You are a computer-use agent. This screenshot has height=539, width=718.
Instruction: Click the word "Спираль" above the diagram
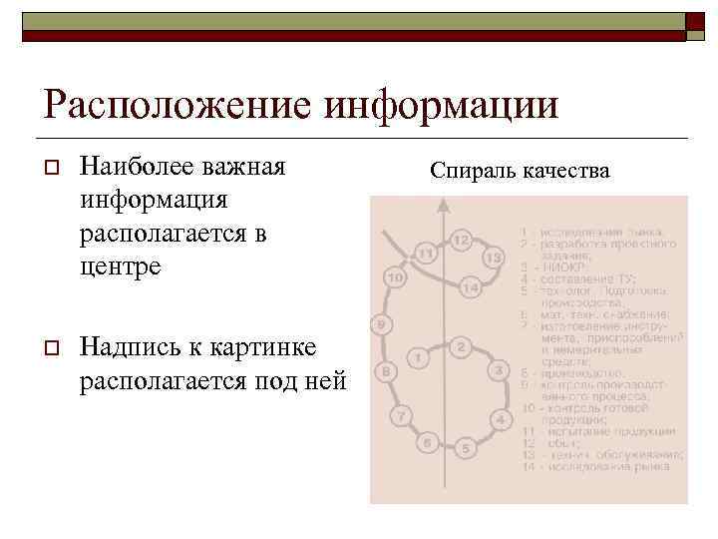click(x=474, y=171)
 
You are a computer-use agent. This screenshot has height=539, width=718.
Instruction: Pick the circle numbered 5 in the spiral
click(x=466, y=448)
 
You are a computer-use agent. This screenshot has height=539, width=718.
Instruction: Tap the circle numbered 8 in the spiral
click(x=386, y=372)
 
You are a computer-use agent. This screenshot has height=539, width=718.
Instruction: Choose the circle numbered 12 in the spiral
click(x=461, y=242)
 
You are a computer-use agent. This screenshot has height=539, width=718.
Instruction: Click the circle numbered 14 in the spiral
click(x=472, y=289)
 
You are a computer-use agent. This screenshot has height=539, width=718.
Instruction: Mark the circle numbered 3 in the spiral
click(x=499, y=371)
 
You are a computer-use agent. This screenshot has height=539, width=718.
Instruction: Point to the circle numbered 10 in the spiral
click(x=394, y=276)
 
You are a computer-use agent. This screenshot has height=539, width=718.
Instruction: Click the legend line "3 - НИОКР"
click(x=550, y=268)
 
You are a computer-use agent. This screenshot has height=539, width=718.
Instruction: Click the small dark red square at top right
click(x=693, y=22)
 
